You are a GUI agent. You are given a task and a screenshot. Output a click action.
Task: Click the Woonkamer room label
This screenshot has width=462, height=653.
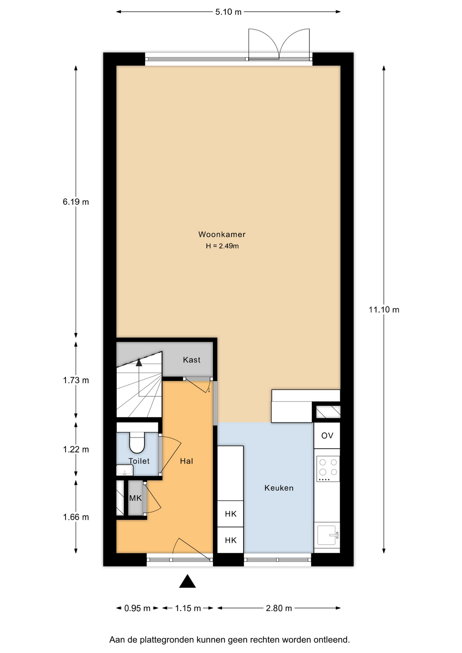[222, 234]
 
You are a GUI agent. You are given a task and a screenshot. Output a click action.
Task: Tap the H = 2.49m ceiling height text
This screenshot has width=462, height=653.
[222, 246]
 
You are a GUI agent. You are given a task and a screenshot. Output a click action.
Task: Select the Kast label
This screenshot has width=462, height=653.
[192, 360]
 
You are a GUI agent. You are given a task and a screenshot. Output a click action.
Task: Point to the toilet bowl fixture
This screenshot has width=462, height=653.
[137, 443]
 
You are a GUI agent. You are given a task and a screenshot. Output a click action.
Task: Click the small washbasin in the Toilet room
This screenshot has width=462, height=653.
[125, 470]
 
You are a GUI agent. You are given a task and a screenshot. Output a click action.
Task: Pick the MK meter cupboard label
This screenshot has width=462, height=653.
[135, 498]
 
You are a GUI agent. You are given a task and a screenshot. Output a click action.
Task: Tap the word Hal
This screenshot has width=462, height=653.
[186, 461]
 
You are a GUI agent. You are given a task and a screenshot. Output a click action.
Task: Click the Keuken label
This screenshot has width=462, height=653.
[279, 488]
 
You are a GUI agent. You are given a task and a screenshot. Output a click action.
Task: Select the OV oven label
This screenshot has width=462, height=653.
[327, 436]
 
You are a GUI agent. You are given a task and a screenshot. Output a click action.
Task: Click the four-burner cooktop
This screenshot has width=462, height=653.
[328, 468]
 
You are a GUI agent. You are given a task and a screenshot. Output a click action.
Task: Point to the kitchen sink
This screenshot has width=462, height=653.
[327, 535]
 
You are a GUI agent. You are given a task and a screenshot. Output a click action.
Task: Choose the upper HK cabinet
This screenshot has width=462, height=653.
[231, 514]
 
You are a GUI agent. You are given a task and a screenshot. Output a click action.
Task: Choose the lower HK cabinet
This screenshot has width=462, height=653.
[231, 540]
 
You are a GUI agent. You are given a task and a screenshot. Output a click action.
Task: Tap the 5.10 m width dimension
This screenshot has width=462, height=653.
[228, 12]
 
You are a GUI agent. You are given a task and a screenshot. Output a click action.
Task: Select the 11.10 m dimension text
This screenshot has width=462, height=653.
[384, 309]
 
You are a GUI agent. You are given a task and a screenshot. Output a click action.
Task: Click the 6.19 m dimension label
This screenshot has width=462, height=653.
[76, 202]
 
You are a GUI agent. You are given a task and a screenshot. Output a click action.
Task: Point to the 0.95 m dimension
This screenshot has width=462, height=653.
[137, 608]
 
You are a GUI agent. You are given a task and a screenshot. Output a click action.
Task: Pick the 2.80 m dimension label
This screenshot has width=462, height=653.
[279, 608]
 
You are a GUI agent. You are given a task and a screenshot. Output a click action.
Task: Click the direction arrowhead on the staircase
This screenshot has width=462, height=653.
[139, 363]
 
